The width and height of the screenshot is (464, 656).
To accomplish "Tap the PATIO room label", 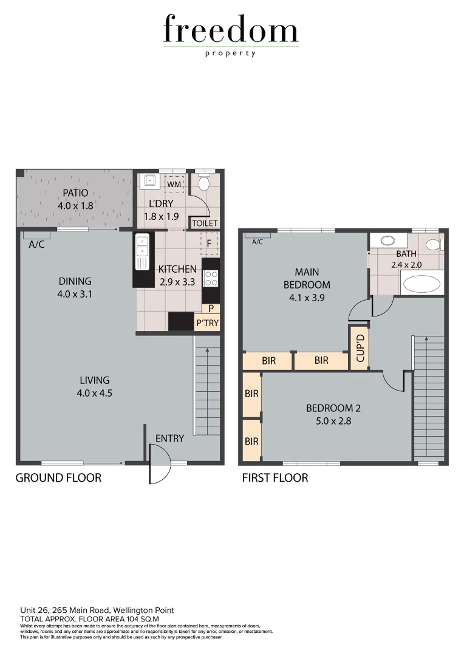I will pos(76,194).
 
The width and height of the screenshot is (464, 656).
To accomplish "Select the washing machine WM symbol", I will pos(174,183).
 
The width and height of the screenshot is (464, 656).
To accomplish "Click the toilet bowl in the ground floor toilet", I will pos(204,182).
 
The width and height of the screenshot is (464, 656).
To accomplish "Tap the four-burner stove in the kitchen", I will pos(211,279).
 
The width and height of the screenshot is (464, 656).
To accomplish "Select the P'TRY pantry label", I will pos(207,323).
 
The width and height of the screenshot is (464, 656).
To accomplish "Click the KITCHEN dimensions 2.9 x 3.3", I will pos(177,282).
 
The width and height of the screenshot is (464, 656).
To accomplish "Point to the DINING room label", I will pos(75,281).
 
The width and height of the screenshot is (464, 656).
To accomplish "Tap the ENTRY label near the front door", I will pos(169,438).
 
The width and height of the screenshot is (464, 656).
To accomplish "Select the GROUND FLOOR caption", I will pos(58,478).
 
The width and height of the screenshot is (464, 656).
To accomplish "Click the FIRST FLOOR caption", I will pos(275,478).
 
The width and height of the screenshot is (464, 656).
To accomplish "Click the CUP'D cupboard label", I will pos(359,348).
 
